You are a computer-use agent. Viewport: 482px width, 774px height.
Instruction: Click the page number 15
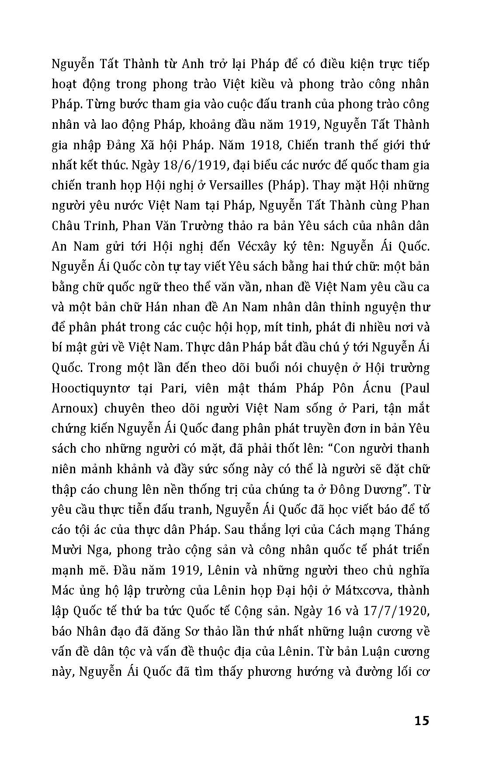click(x=421, y=720)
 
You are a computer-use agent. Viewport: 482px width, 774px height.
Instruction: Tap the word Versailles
click(x=237, y=186)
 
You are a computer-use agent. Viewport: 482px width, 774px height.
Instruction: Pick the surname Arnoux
click(x=71, y=409)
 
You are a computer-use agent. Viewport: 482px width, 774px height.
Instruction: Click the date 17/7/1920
click(x=395, y=611)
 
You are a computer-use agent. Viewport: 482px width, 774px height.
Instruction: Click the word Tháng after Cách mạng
click(x=412, y=530)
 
